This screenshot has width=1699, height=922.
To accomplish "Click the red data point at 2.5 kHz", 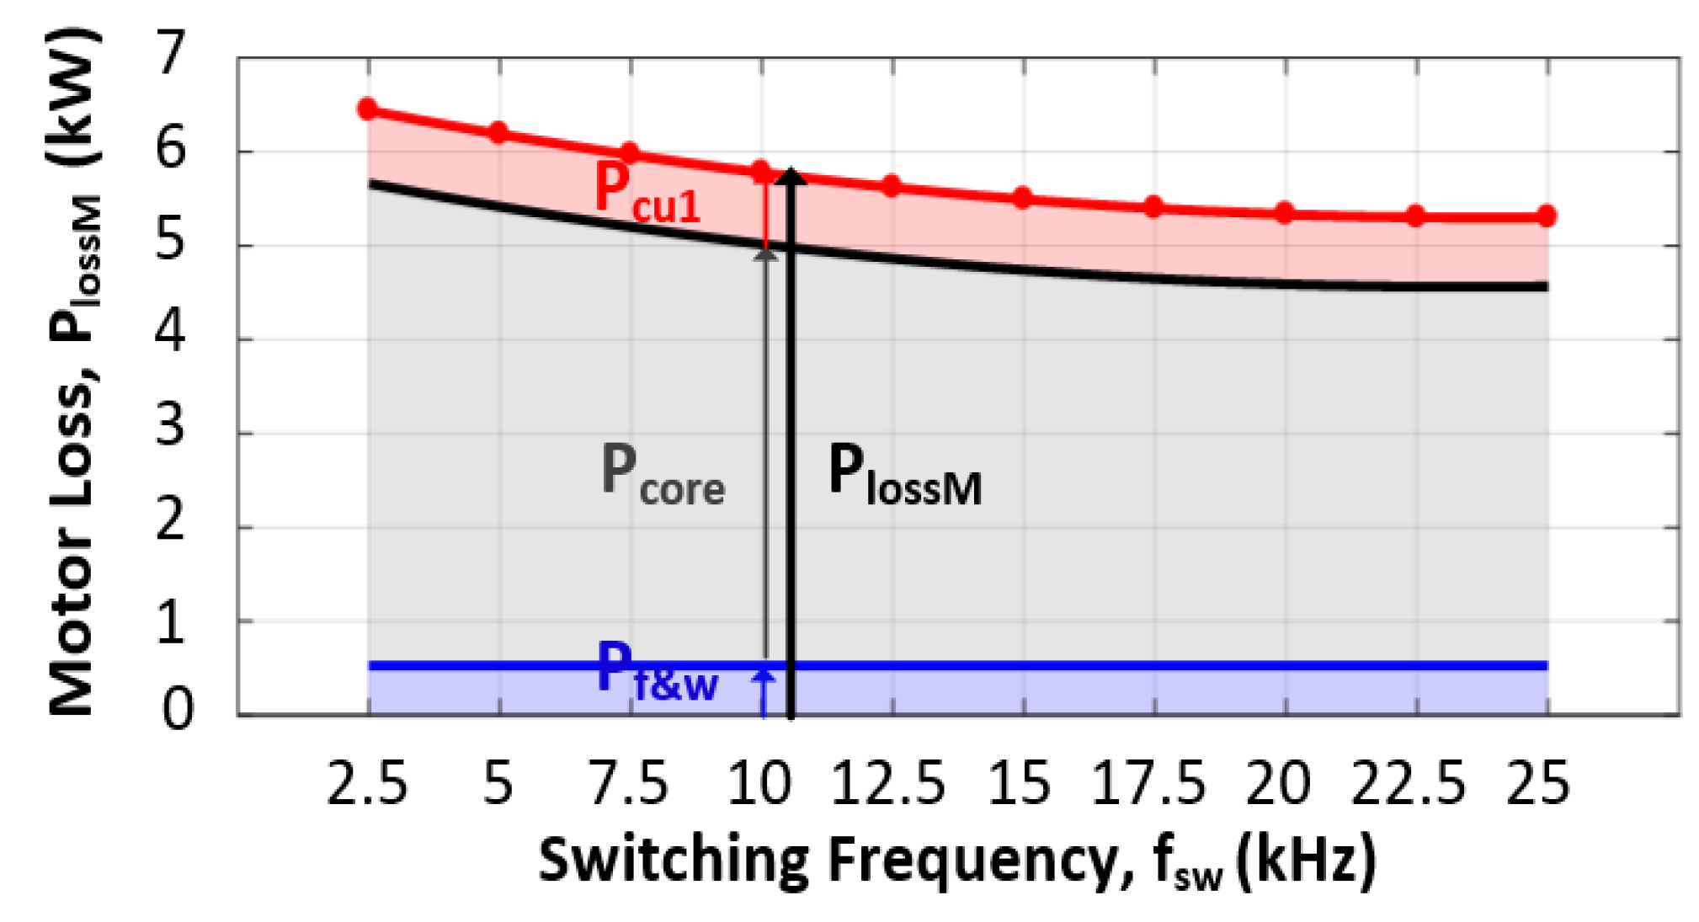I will tap(368, 109).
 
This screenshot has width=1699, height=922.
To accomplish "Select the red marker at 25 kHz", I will tap(1547, 216).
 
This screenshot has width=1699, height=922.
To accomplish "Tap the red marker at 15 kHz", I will tap(1023, 199).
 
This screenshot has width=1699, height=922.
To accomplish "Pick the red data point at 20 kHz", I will tap(1285, 212).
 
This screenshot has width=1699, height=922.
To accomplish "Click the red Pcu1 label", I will tap(646, 193).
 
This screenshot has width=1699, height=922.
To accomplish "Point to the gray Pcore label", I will tap(662, 475).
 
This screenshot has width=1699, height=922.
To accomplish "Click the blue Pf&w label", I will tap(657, 671).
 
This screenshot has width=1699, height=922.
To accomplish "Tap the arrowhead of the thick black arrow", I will tap(791, 176).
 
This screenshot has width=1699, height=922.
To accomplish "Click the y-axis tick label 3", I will tap(171, 427).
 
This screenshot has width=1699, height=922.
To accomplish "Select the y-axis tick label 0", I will tap(177, 710).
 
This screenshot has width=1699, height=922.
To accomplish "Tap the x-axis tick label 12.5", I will tap(887, 784).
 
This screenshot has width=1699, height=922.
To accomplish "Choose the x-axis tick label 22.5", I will tap(1409, 784).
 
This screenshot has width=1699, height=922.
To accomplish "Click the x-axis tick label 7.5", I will tap(628, 784).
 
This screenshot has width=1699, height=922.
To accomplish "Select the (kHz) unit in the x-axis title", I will tap(1306, 861).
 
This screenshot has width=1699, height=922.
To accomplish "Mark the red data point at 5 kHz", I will tap(498, 132).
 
